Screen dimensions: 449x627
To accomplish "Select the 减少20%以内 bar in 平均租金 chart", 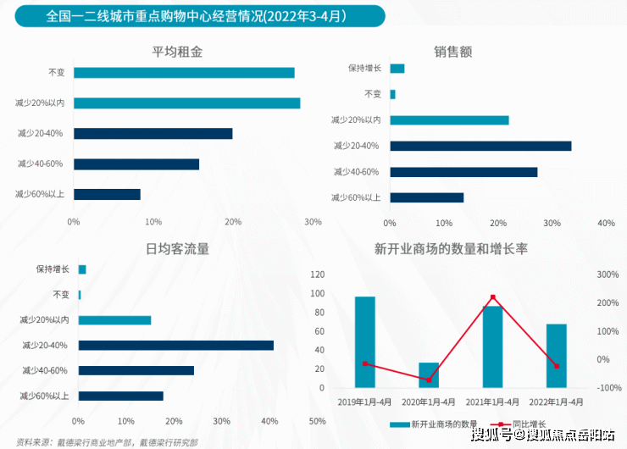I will click(x=187, y=103).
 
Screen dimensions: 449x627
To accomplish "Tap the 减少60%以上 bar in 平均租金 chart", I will click(x=108, y=194).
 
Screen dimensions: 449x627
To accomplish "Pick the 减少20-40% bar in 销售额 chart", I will click(x=480, y=146).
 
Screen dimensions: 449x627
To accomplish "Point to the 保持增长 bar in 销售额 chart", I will click(x=397, y=69).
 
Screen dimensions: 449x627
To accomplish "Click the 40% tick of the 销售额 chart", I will click(x=606, y=223).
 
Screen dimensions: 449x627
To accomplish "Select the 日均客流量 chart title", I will click(x=177, y=249).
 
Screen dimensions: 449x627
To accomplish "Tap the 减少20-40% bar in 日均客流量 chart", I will click(x=176, y=345).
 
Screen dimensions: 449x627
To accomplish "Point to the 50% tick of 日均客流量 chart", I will click(x=318, y=421).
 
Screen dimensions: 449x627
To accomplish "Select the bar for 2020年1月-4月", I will click(x=429, y=374).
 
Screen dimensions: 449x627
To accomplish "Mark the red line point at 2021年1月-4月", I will click(x=493, y=297).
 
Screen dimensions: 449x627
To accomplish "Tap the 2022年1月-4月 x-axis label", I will click(x=557, y=402).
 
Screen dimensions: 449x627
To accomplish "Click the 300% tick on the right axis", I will click(x=608, y=274).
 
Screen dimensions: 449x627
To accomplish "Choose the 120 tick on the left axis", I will click(x=318, y=274).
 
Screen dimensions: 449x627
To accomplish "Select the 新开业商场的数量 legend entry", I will click(x=435, y=424).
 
